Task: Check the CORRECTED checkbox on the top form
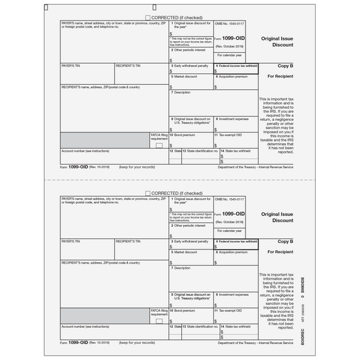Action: coord(148,19)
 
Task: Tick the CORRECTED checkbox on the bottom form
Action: coord(148,193)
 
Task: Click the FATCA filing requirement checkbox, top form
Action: coord(158,146)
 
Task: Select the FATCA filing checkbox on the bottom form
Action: coord(158,320)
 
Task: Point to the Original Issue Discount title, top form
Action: coord(278,42)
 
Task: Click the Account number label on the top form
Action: coord(85,151)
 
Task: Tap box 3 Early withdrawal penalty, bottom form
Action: coord(191,243)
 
